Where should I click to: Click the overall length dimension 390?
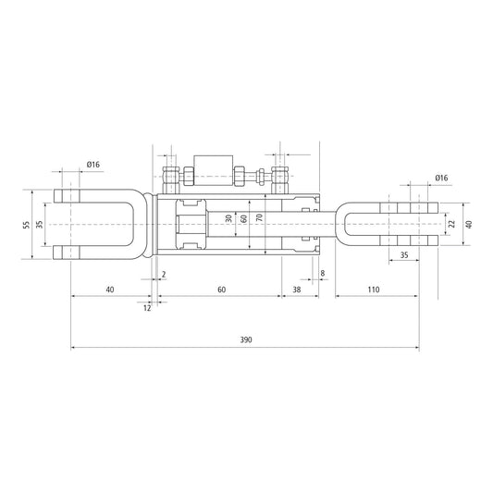tap(245, 339)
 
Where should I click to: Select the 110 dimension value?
tap(374, 290)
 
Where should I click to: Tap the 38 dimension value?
tap(296, 290)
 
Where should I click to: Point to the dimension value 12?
tap(147, 308)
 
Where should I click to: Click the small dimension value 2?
tap(164, 275)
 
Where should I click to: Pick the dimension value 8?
tap(322, 274)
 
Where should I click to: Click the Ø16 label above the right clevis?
tap(441, 178)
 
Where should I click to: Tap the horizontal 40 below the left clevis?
tap(110, 290)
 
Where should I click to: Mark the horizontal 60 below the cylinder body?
tap(222, 290)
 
